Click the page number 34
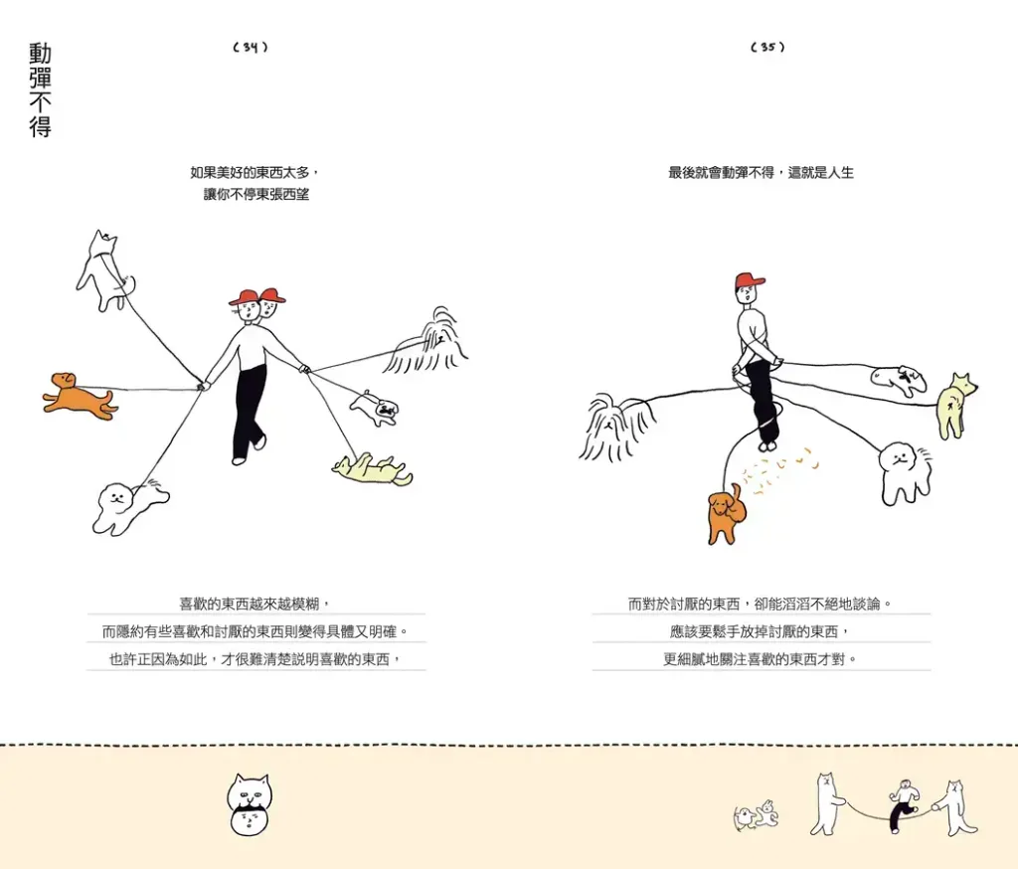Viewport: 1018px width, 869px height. point(250,47)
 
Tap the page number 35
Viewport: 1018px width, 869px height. point(767,47)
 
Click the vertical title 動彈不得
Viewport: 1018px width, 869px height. point(40,90)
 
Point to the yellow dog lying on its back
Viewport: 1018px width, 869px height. point(372,469)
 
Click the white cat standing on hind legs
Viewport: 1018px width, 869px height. point(103,269)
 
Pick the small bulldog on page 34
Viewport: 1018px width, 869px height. point(375,409)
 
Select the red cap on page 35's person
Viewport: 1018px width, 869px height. point(750,281)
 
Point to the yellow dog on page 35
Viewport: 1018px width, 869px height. point(955,406)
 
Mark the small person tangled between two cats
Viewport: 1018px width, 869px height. point(903,805)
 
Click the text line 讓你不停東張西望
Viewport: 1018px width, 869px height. point(256,194)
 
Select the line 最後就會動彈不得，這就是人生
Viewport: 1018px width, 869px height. point(761,173)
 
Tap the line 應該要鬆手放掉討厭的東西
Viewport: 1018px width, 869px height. point(760,631)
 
